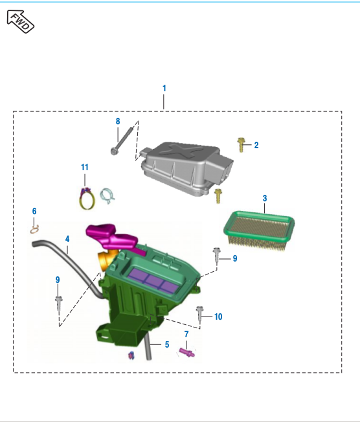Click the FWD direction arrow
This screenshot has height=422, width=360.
(x=21, y=21)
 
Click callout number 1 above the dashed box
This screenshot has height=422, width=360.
(x=164, y=88)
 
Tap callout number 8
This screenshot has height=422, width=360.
(x=118, y=122)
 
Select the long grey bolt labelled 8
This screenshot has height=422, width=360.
(x=122, y=140)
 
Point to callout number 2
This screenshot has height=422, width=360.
(x=256, y=146)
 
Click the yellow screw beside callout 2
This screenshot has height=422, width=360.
(x=241, y=145)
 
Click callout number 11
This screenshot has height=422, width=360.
(x=85, y=168)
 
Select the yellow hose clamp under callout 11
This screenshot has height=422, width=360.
(x=87, y=199)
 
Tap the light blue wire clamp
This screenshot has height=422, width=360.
(x=107, y=195)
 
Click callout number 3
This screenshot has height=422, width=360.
(x=265, y=198)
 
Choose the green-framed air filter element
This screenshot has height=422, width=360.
(x=259, y=231)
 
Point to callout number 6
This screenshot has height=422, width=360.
(x=34, y=211)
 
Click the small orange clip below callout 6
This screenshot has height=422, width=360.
(x=35, y=230)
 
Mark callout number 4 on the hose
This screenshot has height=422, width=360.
(x=67, y=239)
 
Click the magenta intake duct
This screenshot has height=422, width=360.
(x=113, y=238)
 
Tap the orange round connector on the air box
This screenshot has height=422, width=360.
(x=106, y=260)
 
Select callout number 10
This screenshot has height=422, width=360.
(x=218, y=316)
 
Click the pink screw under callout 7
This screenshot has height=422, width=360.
(x=187, y=352)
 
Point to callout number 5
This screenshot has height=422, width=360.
(x=167, y=345)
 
